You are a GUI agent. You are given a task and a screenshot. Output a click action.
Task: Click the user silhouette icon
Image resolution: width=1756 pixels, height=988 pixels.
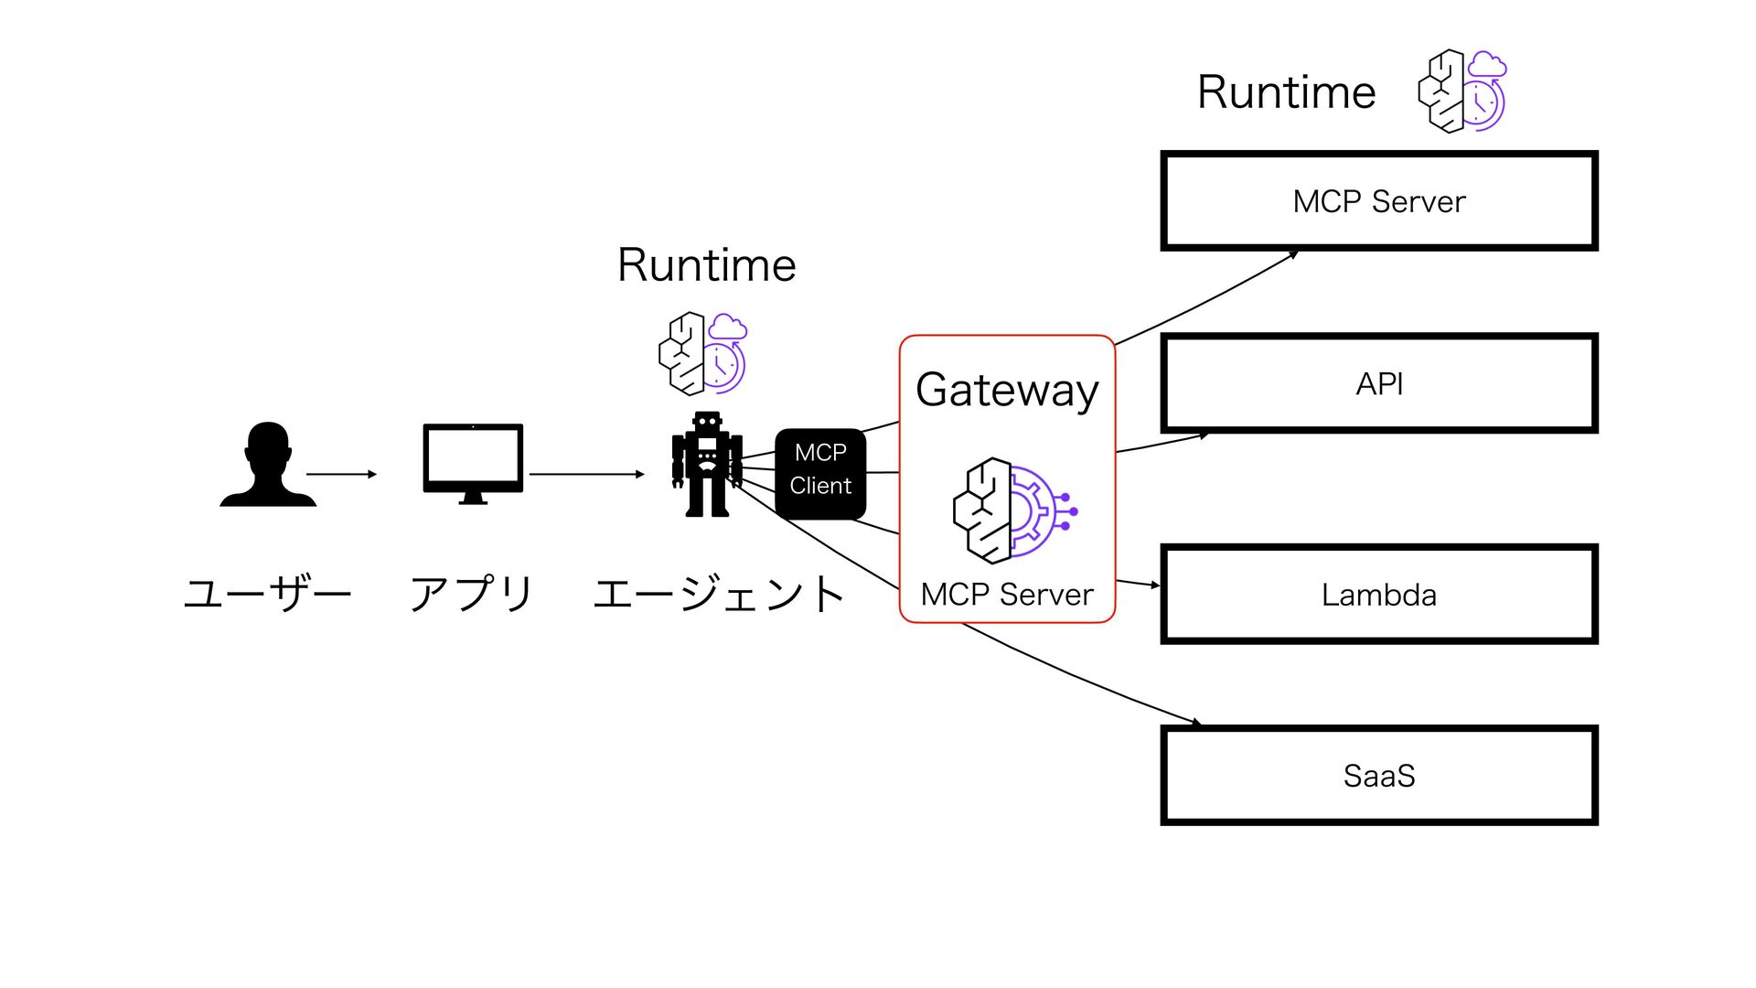pyautogui.click(x=268, y=465)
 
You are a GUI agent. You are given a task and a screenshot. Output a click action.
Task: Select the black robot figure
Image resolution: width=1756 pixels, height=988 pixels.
pyautogui.click(x=707, y=464)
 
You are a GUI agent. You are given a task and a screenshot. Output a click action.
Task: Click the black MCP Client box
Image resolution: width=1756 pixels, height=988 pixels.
pyautogui.click(x=820, y=473)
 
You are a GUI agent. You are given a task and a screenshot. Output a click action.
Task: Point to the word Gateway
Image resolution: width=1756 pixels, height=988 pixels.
pyautogui.click(x=1007, y=391)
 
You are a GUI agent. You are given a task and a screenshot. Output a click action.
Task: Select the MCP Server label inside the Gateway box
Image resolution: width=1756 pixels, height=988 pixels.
pyautogui.click(x=1007, y=595)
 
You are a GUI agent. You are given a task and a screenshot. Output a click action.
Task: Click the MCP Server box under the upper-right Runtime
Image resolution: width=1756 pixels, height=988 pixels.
pyautogui.click(x=1378, y=201)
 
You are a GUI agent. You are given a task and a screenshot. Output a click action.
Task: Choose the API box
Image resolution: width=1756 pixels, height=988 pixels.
pyautogui.click(x=1378, y=383)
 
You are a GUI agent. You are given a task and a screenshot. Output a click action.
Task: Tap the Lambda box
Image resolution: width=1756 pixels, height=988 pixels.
pyautogui.click(x=1378, y=595)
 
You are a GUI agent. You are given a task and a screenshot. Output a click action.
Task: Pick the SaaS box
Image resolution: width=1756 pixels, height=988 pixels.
pyautogui.click(x=1378, y=776)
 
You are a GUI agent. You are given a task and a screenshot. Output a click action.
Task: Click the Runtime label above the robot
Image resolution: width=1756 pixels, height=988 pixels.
pyautogui.click(x=707, y=265)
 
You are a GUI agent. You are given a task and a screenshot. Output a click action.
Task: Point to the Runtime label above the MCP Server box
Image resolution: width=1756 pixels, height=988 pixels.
pyautogui.click(x=1287, y=92)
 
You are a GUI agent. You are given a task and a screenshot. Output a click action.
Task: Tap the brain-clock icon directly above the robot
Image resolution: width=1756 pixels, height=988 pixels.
pyautogui.click(x=702, y=354)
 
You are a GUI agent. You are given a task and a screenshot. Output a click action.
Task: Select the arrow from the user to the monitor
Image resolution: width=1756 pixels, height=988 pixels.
pyautogui.click(x=341, y=474)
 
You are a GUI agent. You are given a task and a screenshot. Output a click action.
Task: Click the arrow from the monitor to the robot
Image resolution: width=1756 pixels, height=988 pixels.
pyautogui.click(x=586, y=474)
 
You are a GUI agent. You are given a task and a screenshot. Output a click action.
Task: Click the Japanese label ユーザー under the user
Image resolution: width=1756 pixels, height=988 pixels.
pyautogui.click(x=268, y=593)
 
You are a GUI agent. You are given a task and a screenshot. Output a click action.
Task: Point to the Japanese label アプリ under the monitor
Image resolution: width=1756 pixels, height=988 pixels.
pyautogui.click(x=471, y=593)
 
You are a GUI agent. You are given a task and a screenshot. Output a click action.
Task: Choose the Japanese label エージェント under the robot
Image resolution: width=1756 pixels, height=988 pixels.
pyautogui.click(x=719, y=593)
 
